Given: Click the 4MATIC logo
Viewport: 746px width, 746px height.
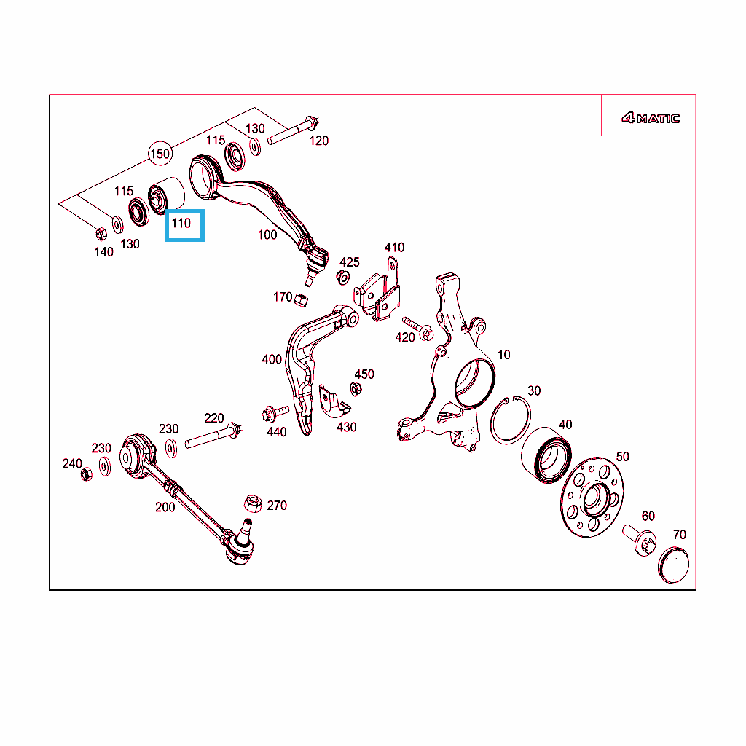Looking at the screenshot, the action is click(650, 118).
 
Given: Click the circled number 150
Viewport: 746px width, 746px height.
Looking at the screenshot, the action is click(160, 154).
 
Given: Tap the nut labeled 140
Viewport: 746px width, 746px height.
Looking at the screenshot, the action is click(101, 234).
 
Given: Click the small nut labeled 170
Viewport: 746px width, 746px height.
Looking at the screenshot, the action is click(301, 300).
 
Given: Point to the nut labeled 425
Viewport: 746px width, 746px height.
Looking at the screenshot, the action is click(342, 277).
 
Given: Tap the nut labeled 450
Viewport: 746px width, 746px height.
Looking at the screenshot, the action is click(356, 389).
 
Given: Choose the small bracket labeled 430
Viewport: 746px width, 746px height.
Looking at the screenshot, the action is click(334, 401).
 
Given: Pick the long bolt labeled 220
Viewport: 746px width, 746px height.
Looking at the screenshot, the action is click(213, 436).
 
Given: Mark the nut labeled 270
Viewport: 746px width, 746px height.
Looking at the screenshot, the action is click(253, 503).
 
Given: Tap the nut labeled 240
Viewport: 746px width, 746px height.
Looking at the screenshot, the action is click(86, 474).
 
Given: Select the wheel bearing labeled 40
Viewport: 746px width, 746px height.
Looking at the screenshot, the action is click(546, 455).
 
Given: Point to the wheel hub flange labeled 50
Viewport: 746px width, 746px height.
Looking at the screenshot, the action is click(592, 498).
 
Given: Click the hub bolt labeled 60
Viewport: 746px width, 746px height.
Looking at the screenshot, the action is click(640, 540).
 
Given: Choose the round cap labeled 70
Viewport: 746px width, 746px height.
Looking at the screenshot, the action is click(673, 565).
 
